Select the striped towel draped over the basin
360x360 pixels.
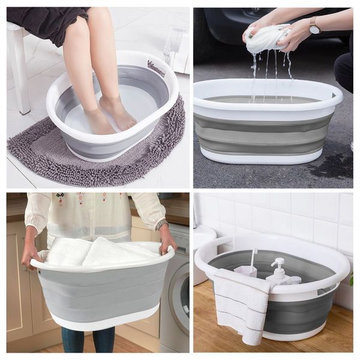click(240, 303)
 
